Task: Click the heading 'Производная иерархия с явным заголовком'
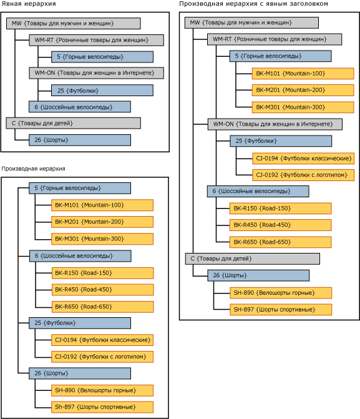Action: [x=253, y=4]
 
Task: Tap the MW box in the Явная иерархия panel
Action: [x=73, y=23]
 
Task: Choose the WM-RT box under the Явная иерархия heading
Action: [x=96, y=40]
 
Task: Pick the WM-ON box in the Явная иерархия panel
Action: [x=96, y=73]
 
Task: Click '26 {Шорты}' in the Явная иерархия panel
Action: [x=79, y=140]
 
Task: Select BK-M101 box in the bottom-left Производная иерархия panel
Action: [x=102, y=205]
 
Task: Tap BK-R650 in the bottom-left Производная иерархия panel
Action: [x=102, y=306]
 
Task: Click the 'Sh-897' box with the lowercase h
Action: [x=102, y=407]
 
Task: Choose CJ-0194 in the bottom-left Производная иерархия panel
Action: [x=102, y=340]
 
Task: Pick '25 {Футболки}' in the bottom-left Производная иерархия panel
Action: [x=79, y=323]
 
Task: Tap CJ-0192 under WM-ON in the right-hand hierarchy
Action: [x=303, y=174]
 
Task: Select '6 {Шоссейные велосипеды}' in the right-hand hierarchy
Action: [x=258, y=191]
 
